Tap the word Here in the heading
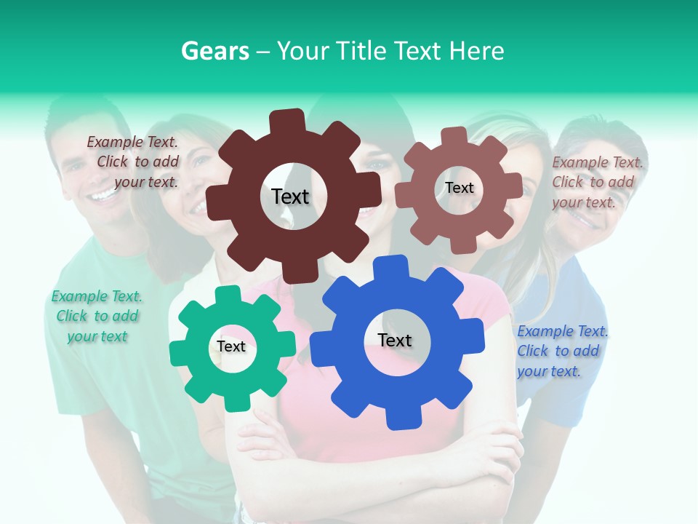coord(477,51)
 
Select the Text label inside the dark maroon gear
coord(290,196)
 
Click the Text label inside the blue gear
coord(395,340)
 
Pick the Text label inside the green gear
coord(231,346)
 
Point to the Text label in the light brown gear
coord(460,188)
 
